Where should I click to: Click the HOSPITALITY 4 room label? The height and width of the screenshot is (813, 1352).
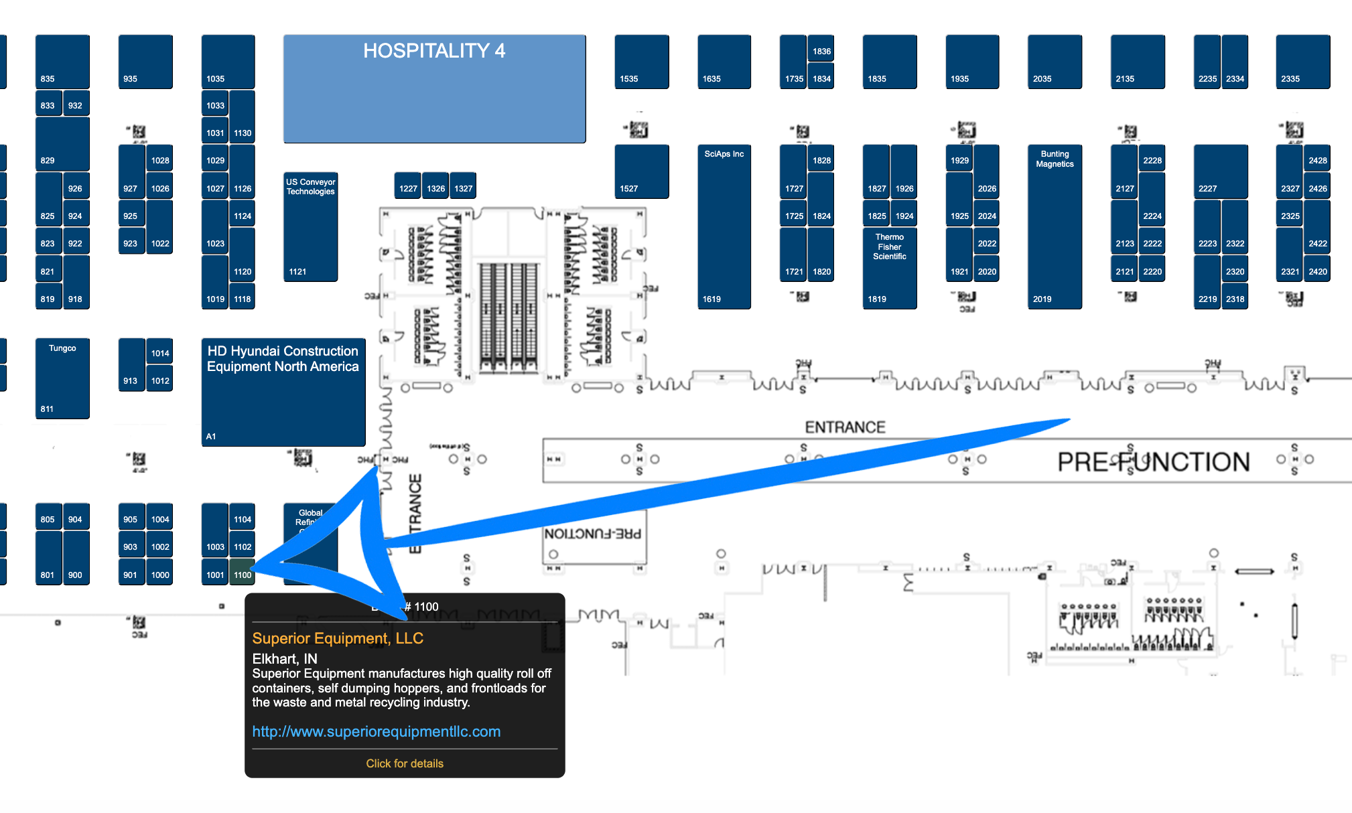coord(434,51)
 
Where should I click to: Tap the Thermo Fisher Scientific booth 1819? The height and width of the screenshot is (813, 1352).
coord(889,268)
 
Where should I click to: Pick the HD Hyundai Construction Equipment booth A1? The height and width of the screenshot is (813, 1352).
coord(283,392)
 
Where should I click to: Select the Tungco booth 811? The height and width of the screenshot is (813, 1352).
coord(62,378)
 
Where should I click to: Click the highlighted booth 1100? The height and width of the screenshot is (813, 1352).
coord(242,575)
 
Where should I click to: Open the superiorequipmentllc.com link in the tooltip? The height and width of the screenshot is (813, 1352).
coord(376,731)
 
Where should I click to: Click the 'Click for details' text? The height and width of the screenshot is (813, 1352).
coord(404,763)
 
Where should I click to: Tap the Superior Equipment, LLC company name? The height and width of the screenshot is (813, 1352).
coord(338,638)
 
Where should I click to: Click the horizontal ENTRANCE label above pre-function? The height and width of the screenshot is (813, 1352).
coord(845,427)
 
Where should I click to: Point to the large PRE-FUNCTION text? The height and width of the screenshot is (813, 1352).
coord(1153,461)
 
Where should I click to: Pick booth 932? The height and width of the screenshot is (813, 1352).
coord(75,105)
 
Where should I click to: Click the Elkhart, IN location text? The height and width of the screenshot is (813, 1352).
coord(285,659)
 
